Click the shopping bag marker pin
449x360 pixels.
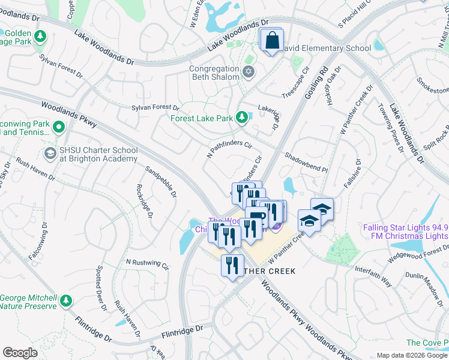(272, 41)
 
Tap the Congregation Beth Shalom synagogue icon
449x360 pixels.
(249, 73)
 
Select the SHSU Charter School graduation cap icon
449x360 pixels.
(51, 154)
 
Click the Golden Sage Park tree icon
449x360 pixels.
(40, 38)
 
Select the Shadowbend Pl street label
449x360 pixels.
(306, 162)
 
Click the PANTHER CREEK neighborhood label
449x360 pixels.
(267, 271)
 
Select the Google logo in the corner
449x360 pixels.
(20, 353)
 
